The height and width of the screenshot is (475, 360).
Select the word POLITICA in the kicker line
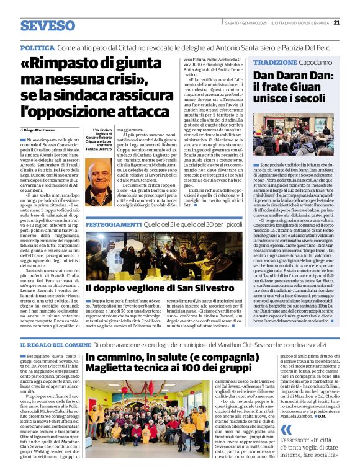click(38, 48)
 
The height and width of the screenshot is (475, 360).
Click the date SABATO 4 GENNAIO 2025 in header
click(247, 23)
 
